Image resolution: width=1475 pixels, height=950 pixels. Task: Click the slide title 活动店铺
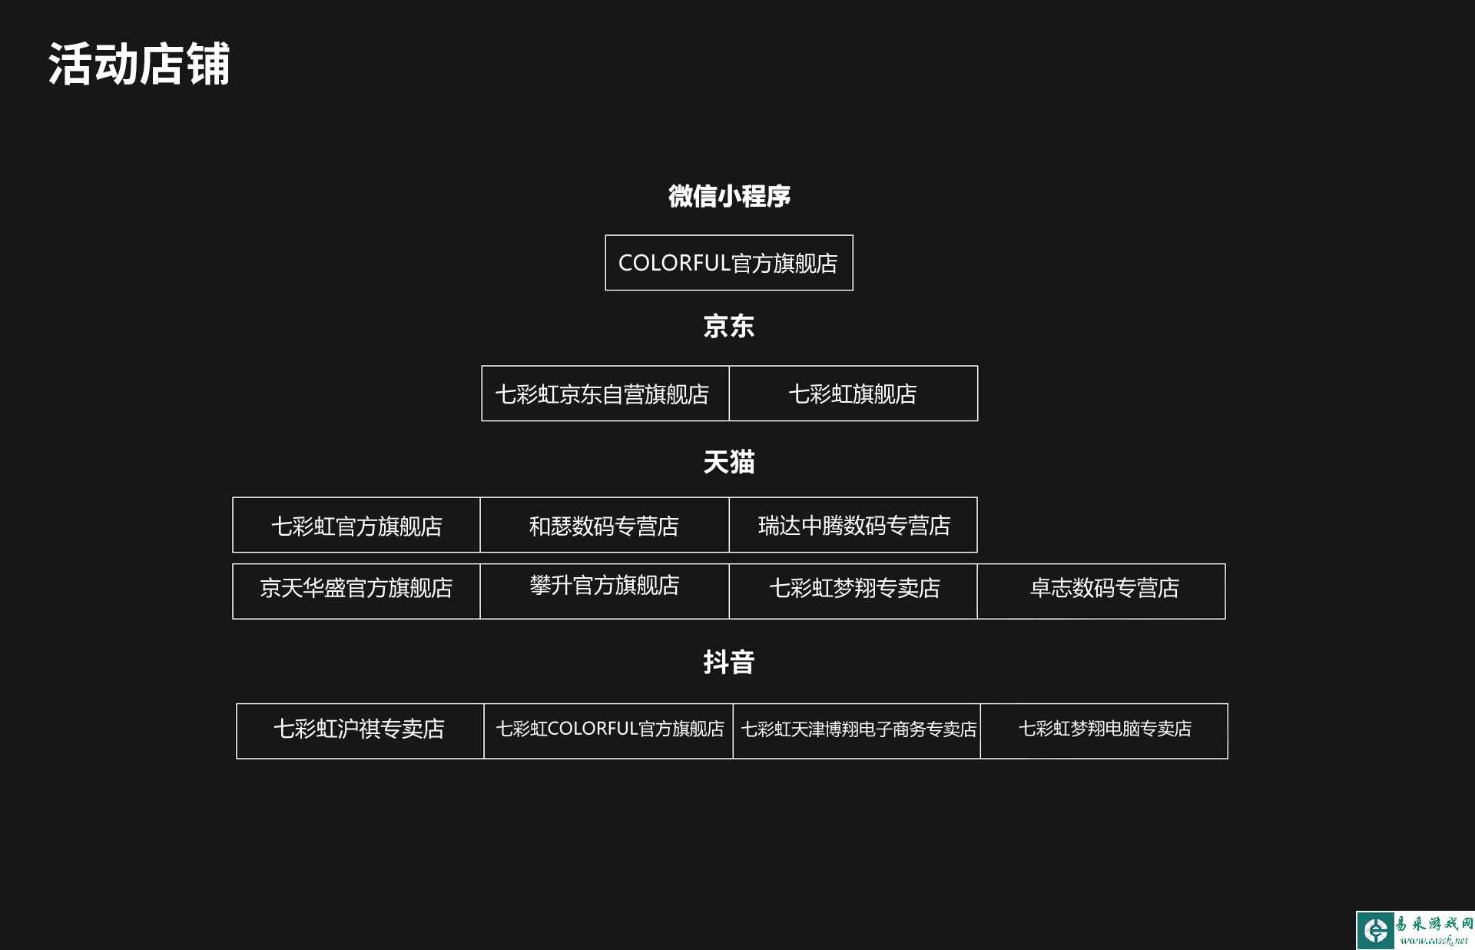point(139,64)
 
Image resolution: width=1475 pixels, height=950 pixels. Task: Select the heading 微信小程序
point(729,196)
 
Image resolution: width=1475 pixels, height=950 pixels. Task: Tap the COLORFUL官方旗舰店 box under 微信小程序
point(729,263)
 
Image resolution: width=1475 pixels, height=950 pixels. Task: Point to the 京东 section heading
point(729,326)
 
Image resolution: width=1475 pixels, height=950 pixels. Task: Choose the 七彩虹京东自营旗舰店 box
point(605,394)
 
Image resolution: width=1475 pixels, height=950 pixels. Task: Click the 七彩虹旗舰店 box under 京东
point(854,394)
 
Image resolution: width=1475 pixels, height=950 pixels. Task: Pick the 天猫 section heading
point(729,462)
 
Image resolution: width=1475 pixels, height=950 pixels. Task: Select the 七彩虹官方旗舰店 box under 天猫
point(356,525)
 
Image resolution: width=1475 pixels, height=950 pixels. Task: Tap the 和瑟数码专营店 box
point(605,525)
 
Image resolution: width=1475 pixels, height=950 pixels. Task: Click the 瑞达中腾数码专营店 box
point(853,525)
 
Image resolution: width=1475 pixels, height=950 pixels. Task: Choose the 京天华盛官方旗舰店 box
point(356,591)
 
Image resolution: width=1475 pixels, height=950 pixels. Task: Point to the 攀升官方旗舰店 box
point(605,591)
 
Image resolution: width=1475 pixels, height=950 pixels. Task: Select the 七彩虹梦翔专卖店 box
point(853,591)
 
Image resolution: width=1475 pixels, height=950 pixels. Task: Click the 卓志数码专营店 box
point(1101,591)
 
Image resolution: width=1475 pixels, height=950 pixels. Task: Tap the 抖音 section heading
point(729,662)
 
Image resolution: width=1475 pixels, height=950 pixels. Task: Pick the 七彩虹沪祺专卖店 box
point(360,731)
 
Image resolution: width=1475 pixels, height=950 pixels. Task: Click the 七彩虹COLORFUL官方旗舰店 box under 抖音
point(608,731)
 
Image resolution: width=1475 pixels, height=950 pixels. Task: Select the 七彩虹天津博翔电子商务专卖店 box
point(857,731)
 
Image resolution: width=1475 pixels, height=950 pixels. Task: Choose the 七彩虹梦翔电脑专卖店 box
point(1104,731)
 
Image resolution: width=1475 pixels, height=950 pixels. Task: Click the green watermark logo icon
point(1376,931)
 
